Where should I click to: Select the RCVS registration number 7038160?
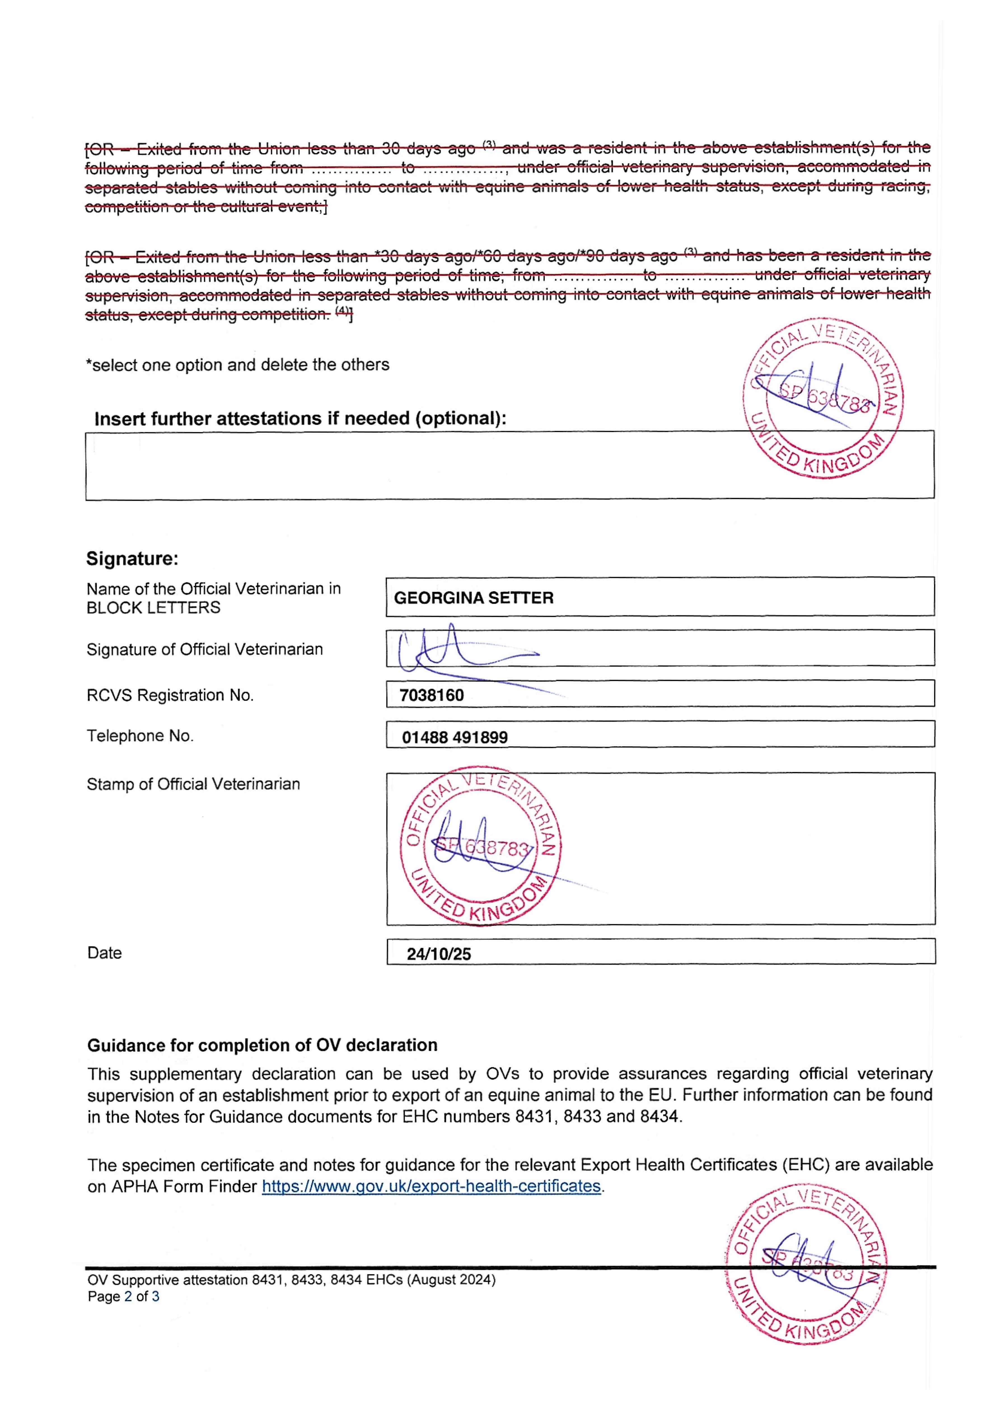(x=432, y=696)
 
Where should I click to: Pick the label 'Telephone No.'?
(x=140, y=736)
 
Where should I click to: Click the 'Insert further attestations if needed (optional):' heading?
(x=300, y=419)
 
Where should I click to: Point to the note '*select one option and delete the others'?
(x=237, y=365)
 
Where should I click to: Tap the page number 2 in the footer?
(x=128, y=1297)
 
